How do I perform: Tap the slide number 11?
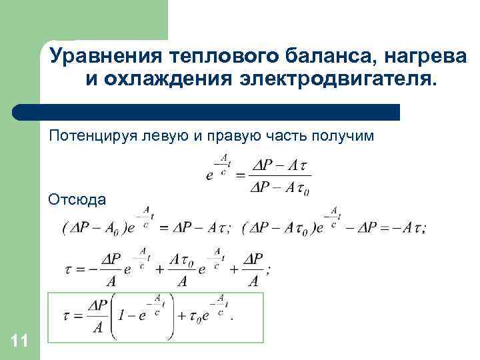[x=19, y=342]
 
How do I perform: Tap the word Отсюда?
[x=77, y=199]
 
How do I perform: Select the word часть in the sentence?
[x=287, y=136]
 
